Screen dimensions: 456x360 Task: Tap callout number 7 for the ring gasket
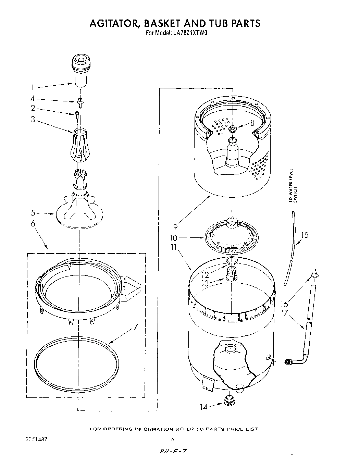click(x=135, y=326)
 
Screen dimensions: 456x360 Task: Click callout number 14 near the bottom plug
click(x=204, y=407)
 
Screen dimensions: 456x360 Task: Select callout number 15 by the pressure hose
click(x=304, y=235)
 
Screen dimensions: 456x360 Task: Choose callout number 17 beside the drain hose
click(x=284, y=312)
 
